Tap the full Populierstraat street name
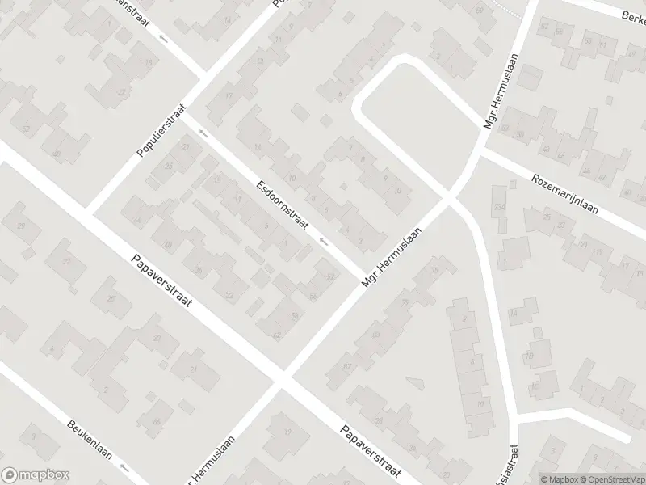[161, 130]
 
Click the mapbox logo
[36, 474]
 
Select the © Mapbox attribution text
[559, 479]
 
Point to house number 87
[348, 367]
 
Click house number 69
[479, 10]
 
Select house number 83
[375, 334]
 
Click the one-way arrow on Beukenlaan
[124, 467]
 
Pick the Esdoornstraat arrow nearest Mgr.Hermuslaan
[324, 241]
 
